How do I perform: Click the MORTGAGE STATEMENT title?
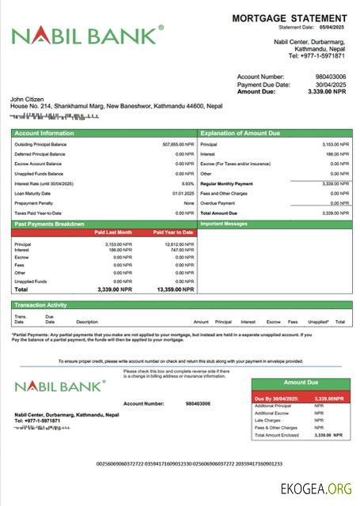click(289, 18)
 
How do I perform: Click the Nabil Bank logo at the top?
click(87, 35)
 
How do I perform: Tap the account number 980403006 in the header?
click(329, 77)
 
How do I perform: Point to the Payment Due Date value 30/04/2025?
click(331, 85)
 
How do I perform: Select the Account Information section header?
click(44, 134)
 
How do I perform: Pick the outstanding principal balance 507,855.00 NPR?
click(178, 145)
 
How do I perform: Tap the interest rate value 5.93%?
click(188, 183)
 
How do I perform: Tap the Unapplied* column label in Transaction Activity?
click(318, 322)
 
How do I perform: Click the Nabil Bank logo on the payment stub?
click(59, 386)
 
